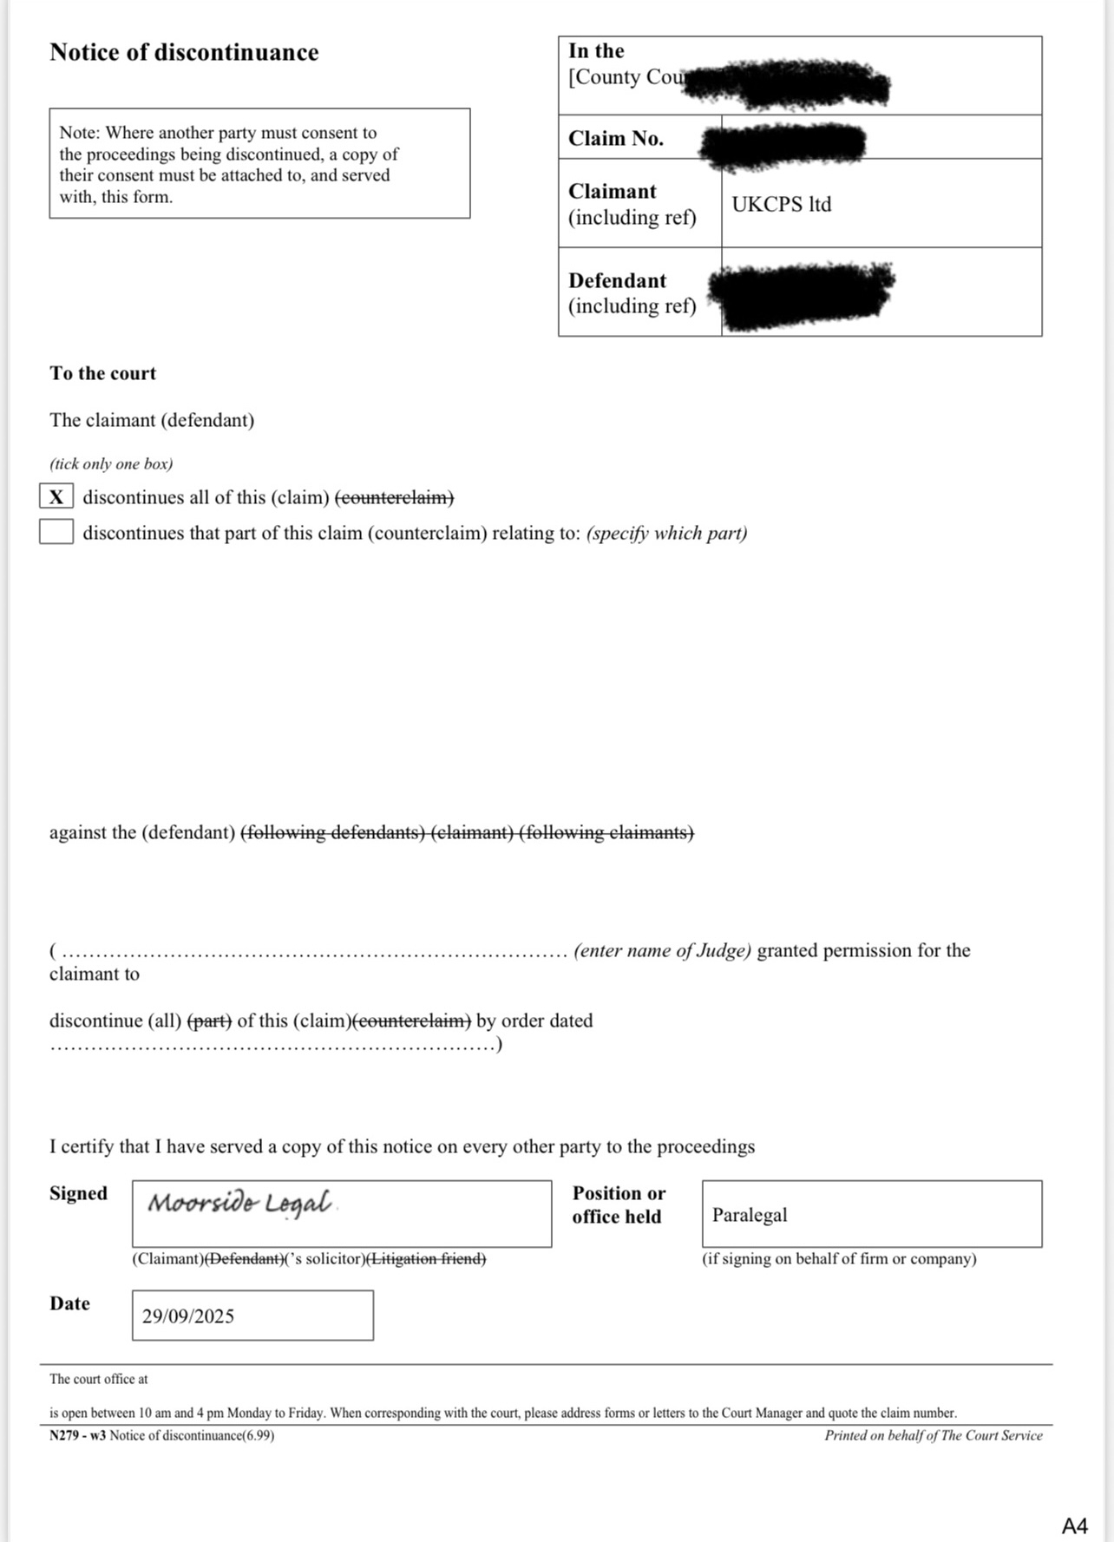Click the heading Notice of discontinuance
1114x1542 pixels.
pos(184,53)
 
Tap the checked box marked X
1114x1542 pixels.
pos(56,497)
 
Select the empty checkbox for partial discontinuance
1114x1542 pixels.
pos(56,532)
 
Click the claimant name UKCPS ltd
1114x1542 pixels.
pos(781,205)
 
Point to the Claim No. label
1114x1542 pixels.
pos(616,139)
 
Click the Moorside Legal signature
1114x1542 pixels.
pos(239,1204)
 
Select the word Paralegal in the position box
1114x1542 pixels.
pos(750,1215)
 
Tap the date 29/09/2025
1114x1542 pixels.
pos(188,1316)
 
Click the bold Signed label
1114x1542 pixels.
pos(78,1193)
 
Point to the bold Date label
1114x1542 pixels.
pos(69,1303)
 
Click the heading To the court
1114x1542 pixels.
pos(102,374)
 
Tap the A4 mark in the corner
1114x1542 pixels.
pos(1074,1526)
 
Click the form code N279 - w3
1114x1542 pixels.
pos(77,1435)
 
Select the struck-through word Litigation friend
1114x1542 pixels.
pos(427,1258)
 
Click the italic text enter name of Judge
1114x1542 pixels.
pos(662,951)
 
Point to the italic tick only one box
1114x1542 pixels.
pos(111,464)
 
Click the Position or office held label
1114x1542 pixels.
pos(618,1204)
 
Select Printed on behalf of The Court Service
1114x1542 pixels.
pos(933,1435)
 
